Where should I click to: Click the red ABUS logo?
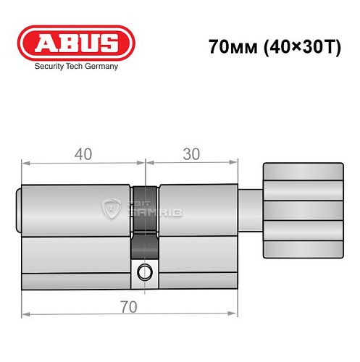[75, 43]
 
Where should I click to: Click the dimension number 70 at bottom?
[129, 306]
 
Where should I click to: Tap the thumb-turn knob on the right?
[302, 210]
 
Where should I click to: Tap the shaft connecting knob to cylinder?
[250, 210]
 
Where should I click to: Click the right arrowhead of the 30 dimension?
[235, 164]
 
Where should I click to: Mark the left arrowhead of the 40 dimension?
[25, 164]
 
